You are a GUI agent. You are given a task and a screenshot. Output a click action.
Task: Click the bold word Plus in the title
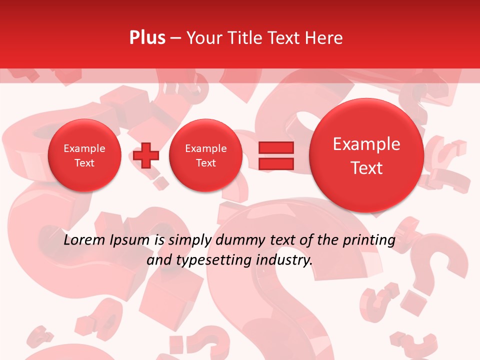(x=147, y=38)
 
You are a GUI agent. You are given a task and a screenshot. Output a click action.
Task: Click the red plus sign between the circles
(x=146, y=155)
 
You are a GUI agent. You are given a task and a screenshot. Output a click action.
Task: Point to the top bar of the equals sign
(x=276, y=147)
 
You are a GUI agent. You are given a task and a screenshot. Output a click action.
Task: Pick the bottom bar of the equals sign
(x=276, y=163)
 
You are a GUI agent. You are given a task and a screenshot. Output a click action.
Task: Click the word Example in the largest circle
(x=366, y=144)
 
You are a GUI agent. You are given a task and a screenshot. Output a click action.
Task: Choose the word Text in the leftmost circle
(x=84, y=163)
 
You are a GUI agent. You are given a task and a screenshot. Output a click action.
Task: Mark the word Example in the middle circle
(x=205, y=148)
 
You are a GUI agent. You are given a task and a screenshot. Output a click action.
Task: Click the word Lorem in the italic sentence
(x=82, y=240)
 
